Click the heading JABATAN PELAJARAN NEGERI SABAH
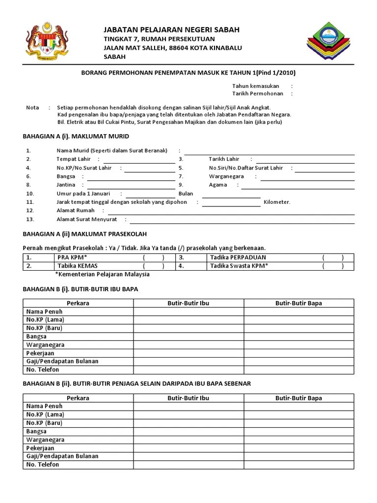(171, 30)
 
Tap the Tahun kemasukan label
(256, 86)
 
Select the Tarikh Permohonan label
(258, 93)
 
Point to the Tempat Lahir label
(73, 159)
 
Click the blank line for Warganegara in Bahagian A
(307, 177)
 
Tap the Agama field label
(218, 185)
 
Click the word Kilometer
(277, 202)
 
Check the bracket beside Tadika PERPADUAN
(333, 258)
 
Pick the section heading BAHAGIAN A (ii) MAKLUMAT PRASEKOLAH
(85, 234)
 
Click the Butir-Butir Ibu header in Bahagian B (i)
(188, 303)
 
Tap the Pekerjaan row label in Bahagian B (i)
(40, 353)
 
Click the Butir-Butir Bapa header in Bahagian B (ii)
(298, 398)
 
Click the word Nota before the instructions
(32, 108)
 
